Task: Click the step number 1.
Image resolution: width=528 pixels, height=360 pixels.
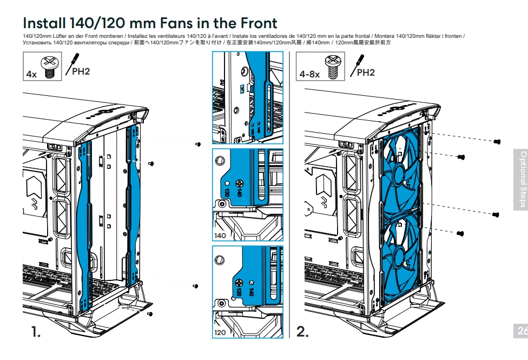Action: coord(36,331)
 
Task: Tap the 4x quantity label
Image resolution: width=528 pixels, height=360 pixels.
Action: coord(31,74)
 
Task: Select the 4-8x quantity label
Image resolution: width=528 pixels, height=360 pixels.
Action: coord(309,74)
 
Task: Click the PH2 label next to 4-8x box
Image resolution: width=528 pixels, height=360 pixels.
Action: coord(366,73)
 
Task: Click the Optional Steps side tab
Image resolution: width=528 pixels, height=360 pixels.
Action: coord(520,179)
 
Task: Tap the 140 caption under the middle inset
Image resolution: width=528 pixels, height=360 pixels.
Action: coord(220,236)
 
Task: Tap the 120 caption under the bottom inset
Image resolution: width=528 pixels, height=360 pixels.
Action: coord(220,332)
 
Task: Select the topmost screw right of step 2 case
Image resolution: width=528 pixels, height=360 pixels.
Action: coord(497,141)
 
